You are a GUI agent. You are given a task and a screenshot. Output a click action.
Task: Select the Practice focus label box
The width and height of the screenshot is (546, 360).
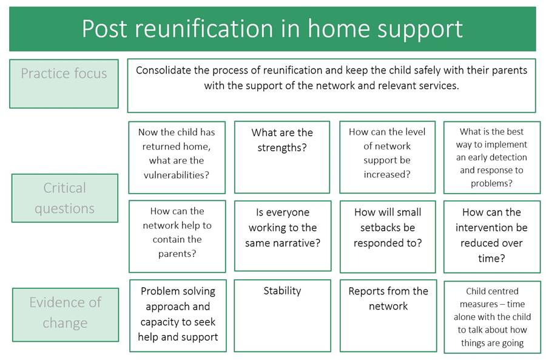(64, 84)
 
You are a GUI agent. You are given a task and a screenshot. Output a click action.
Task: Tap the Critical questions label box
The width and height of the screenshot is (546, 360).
(64, 198)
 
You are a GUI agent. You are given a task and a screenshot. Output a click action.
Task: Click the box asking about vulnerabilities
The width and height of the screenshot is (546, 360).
(177, 157)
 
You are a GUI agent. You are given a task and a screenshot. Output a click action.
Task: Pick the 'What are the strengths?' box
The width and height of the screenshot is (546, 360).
(282, 157)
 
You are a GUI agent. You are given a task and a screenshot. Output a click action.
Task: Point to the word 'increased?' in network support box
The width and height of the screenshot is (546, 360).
(387, 175)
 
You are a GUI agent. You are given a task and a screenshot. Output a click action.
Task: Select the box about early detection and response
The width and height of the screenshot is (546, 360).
(491, 157)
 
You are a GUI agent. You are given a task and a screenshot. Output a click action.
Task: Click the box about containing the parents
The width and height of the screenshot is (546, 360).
(177, 236)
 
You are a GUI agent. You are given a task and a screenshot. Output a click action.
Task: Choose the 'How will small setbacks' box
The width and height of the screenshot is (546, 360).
(388, 236)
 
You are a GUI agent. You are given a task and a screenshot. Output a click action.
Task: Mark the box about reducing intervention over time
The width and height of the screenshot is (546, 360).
(491, 236)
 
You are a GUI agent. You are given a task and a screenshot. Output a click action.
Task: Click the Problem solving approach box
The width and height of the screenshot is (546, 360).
(178, 315)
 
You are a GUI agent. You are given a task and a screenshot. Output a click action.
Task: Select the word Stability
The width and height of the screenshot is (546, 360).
(282, 291)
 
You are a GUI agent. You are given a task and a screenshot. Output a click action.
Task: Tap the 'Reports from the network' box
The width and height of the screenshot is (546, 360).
(388, 315)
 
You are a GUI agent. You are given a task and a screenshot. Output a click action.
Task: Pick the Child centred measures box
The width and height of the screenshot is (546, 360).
(491, 316)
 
